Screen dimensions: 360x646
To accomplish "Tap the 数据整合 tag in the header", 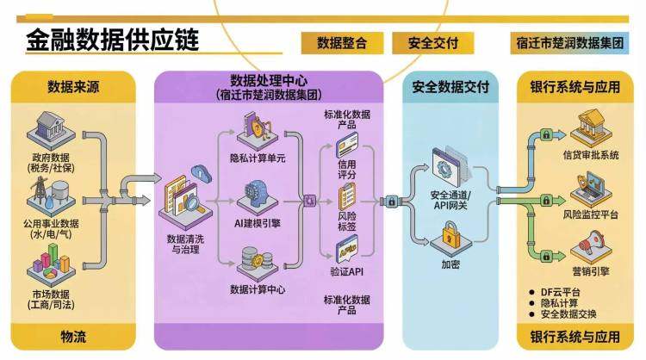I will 342,42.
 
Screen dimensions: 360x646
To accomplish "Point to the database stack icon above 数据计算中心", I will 252,260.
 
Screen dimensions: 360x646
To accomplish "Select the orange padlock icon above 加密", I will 451,236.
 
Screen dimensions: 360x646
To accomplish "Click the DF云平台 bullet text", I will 563,291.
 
